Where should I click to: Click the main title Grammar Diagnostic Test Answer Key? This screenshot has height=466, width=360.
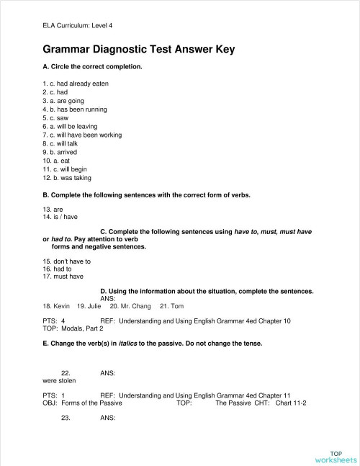[139, 50]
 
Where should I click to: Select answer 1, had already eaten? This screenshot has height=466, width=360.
[76, 84]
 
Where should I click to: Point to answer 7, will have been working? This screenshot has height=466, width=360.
[82, 135]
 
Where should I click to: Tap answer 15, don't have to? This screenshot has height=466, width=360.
[66, 259]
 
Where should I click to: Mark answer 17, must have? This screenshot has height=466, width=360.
[63, 276]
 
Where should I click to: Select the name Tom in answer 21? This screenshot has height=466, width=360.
[167, 305]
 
